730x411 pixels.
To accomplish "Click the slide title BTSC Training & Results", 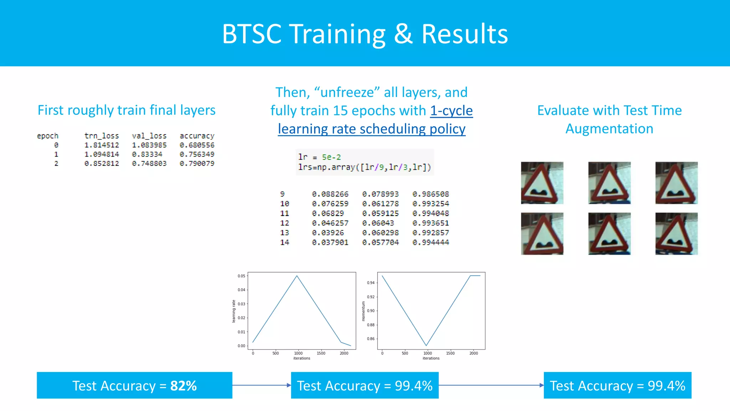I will [365, 34].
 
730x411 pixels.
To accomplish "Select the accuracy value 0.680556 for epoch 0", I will [197, 145].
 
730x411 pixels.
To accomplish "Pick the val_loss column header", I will [149, 136].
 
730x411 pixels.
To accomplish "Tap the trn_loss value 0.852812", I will [102, 163].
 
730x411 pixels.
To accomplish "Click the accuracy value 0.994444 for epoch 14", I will [431, 243].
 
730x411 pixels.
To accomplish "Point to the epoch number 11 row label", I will [284, 213].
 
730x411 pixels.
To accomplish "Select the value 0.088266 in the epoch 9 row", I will [330, 194].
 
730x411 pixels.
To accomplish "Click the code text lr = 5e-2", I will [319, 157].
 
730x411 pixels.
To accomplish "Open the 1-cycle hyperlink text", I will [451, 111].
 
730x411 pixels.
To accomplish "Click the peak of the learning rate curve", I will [297, 276].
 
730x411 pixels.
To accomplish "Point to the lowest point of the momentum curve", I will [426, 345].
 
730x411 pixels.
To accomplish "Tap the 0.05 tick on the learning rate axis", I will [241, 276].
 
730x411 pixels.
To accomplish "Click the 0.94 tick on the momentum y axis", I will [371, 283].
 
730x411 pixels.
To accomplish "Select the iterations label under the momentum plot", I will [431, 358].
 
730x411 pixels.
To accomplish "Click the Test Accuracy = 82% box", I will [134, 385].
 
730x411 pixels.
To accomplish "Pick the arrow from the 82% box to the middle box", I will [261, 385].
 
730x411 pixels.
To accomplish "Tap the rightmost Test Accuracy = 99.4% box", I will [617, 385].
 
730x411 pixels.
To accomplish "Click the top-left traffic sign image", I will [542, 183].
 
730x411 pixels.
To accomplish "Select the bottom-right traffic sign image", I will [676, 234].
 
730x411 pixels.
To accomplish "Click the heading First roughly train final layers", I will [127, 110].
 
